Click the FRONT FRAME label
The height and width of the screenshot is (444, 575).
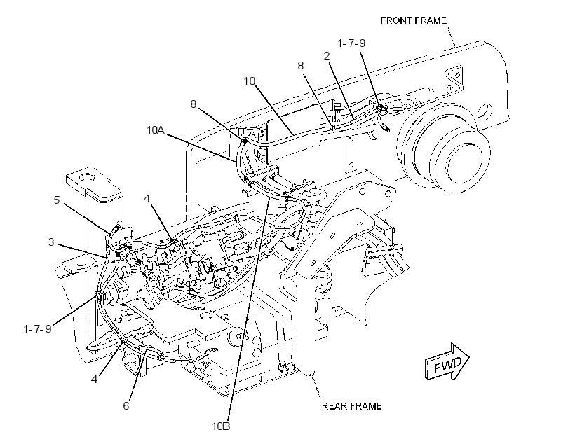(x=413, y=20)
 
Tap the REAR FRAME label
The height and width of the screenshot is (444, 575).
(x=352, y=406)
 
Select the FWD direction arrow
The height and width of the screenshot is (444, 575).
(x=447, y=362)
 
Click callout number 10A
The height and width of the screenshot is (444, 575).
(x=156, y=130)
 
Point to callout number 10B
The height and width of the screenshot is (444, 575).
(x=221, y=426)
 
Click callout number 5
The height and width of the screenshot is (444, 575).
(x=57, y=200)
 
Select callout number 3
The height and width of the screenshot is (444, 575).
(x=51, y=242)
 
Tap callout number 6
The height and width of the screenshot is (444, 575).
(x=126, y=406)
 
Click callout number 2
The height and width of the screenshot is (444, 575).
(x=326, y=56)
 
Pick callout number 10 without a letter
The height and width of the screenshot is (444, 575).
(x=250, y=81)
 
